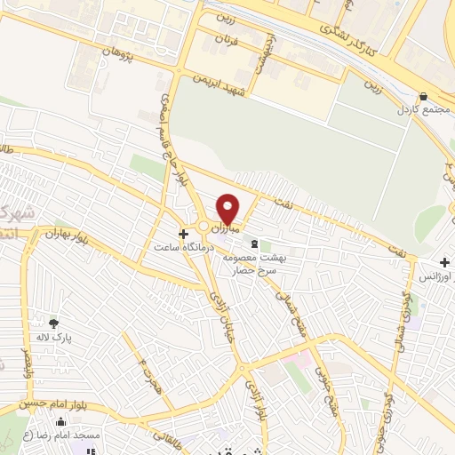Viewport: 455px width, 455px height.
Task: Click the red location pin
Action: click(228, 209)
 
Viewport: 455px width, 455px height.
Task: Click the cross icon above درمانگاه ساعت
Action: click(183, 235)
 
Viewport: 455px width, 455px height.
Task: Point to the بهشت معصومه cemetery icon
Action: click(255, 243)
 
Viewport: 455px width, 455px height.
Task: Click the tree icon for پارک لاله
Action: click(53, 323)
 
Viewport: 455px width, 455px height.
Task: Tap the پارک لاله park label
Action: click(54, 338)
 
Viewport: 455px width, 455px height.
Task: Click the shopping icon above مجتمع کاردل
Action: click(423, 98)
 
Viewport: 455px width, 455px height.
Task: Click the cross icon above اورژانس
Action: click(445, 262)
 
